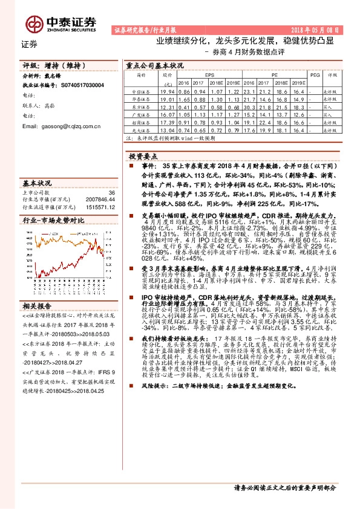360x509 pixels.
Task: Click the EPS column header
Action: point(209,75)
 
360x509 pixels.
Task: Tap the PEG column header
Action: point(313,75)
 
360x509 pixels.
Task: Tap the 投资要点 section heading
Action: point(143,156)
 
